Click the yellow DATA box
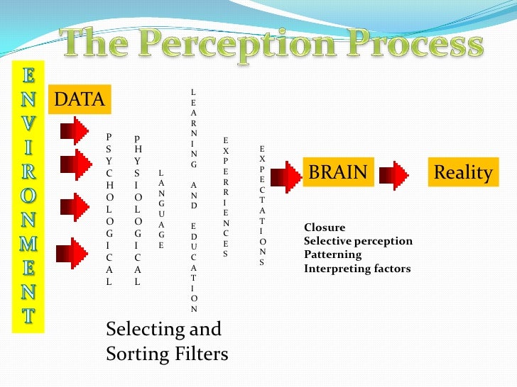79,101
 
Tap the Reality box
463,172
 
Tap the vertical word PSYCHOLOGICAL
109,208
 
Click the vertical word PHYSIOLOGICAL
137,210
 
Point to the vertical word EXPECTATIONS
262,206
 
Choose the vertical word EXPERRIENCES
226,197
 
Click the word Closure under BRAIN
325,228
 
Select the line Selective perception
358,241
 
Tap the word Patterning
332,254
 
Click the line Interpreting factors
357,269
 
